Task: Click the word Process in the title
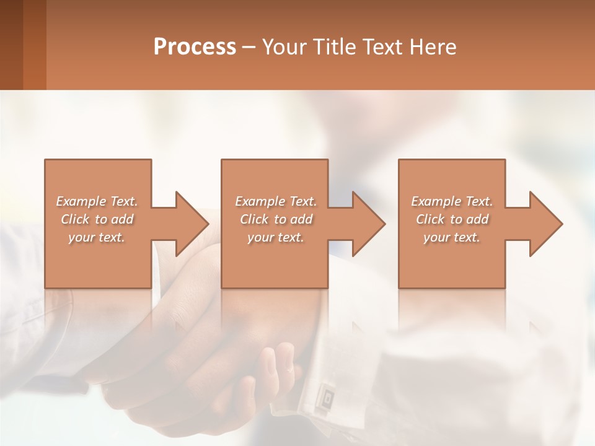pyautogui.click(x=195, y=47)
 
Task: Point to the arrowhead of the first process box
pyautogui.click(x=192, y=224)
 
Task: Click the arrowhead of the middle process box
pyautogui.click(x=369, y=224)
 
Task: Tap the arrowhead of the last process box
pyautogui.click(x=546, y=224)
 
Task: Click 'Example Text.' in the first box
pyautogui.click(x=97, y=201)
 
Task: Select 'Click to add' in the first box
pyautogui.click(x=97, y=219)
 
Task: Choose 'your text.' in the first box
pyautogui.click(x=97, y=237)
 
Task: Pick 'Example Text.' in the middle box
pyautogui.click(x=276, y=201)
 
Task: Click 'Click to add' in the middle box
pyautogui.click(x=276, y=219)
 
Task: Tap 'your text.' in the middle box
pyautogui.click(x=276, y=237)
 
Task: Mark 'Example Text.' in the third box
pyautogui.click(x=452, y=201)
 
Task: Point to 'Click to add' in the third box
pyautogui.click(x=452, y=219)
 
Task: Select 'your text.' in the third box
pyautogui.click(x=452, y=237)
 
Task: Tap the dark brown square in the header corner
pyautogui.click(x=11, y=45)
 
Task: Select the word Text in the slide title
pyautogui.click(x=382, y=47)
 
